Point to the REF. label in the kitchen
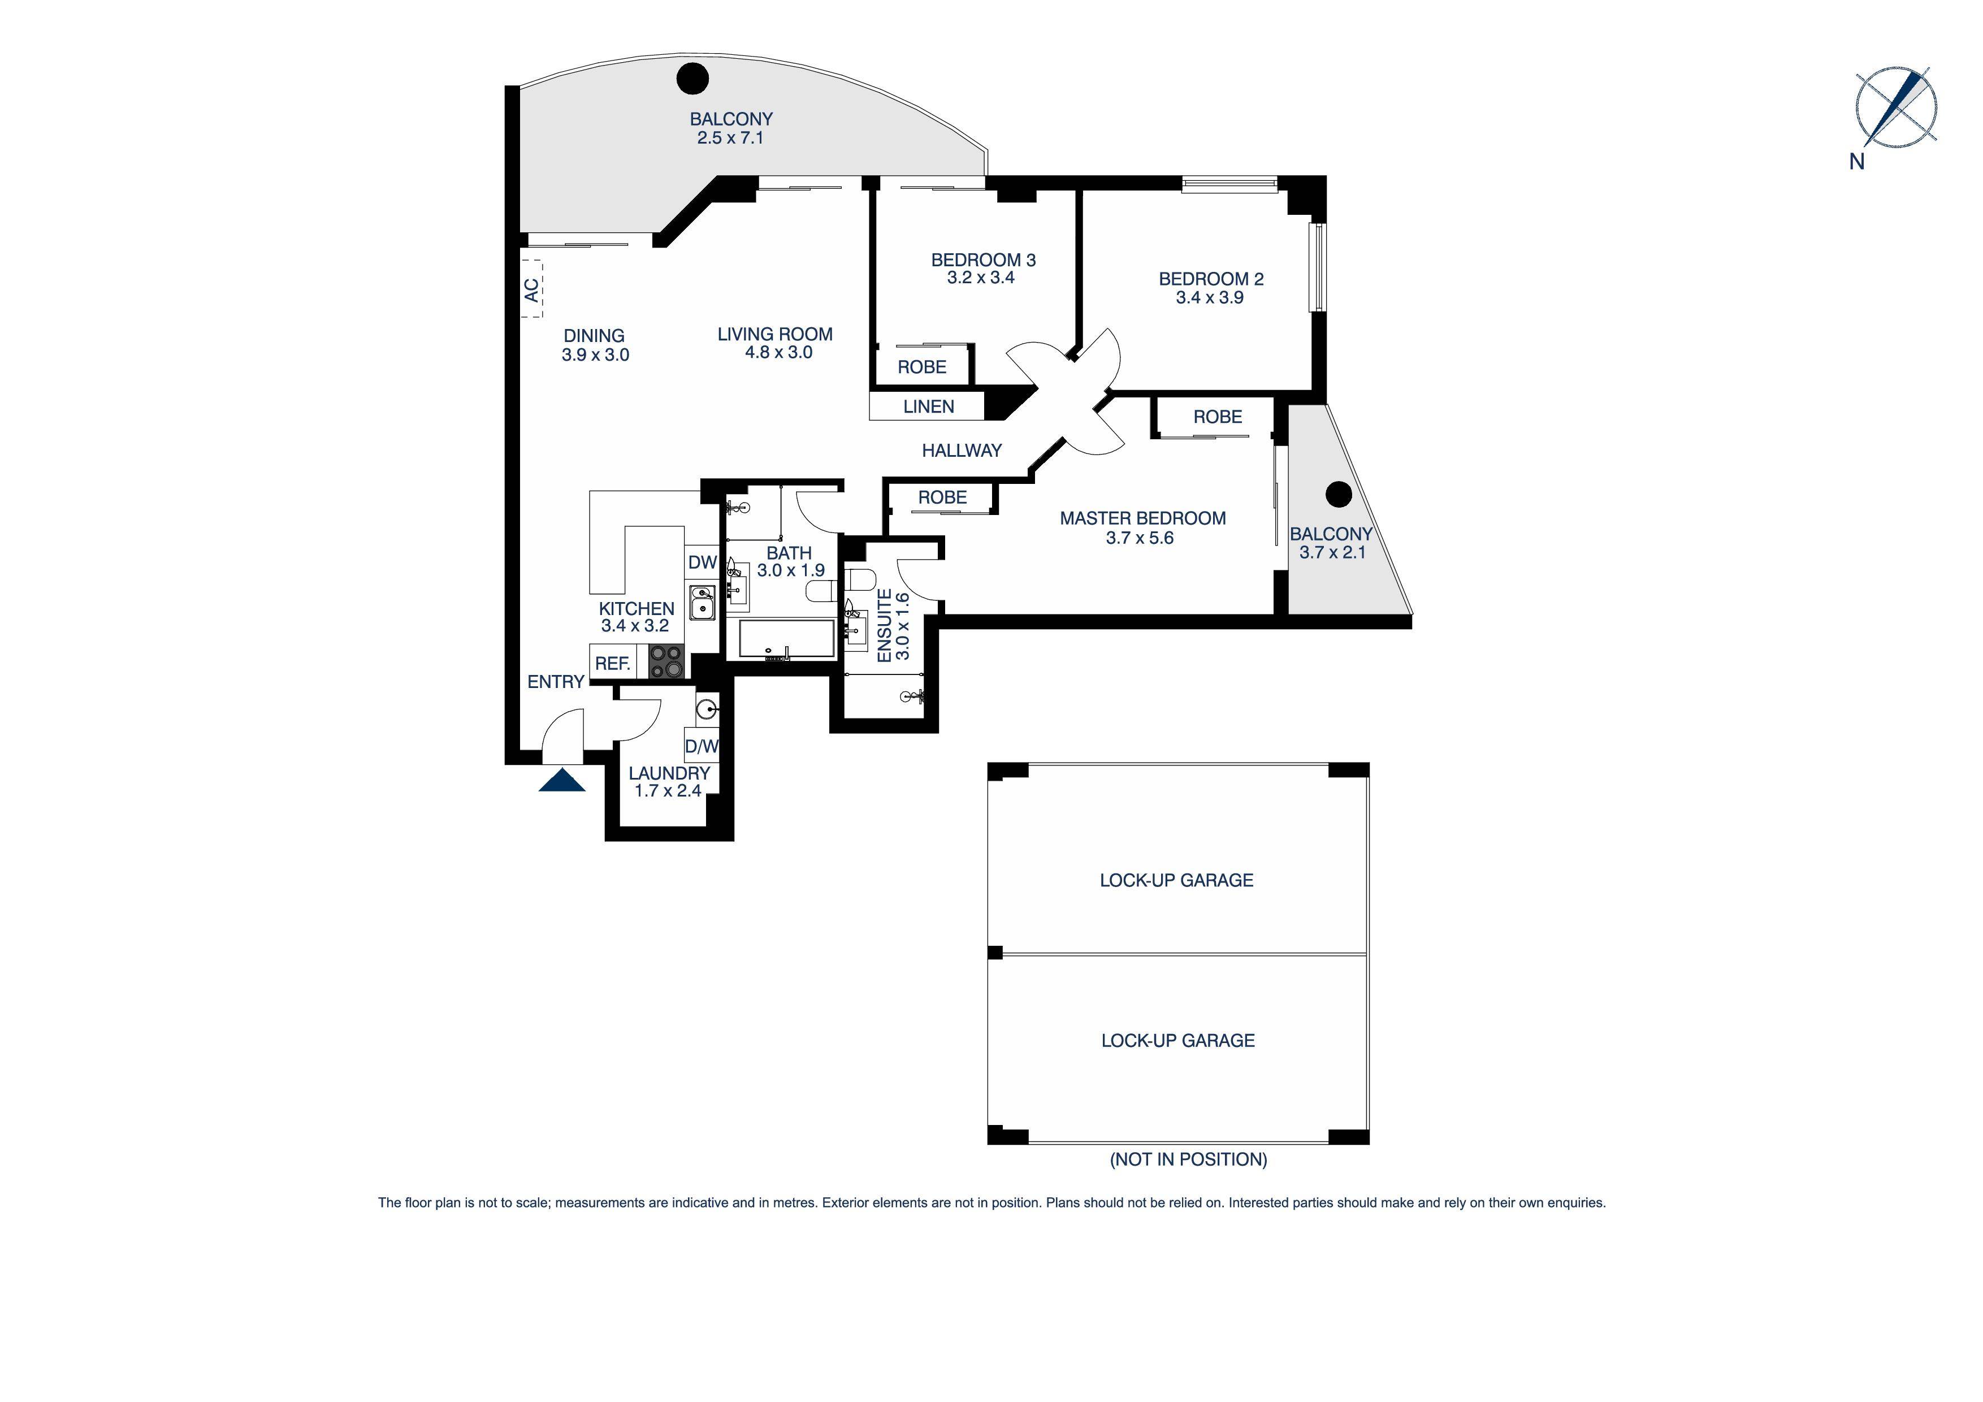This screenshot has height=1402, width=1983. [612, 664]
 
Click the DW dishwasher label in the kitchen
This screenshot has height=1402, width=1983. [702, 562]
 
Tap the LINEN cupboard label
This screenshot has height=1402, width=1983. [928, 407]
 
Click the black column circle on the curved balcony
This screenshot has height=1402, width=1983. [692, 79]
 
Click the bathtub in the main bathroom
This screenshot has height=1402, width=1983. [786, 639]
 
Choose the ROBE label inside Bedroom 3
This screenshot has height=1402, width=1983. [921, 367]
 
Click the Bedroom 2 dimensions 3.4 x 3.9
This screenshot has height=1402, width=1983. [1209, 298]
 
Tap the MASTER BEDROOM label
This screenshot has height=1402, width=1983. [1142, 518]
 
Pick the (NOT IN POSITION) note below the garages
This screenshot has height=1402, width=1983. [1188, 1159]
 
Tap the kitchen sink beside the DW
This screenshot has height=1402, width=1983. [702, 602]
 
